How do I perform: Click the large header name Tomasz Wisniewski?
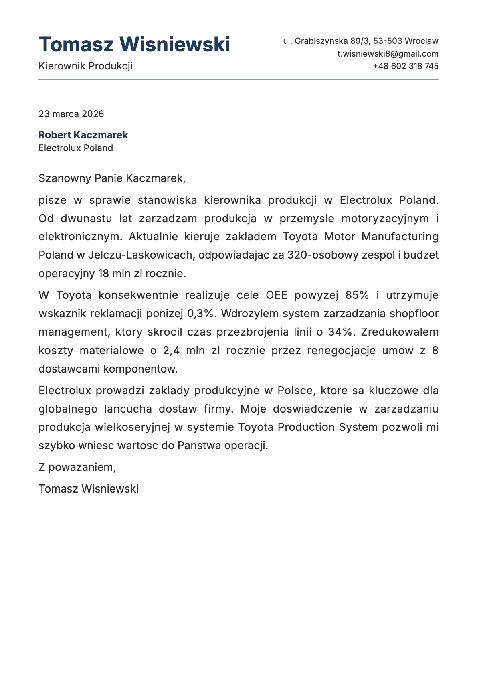point(134,44)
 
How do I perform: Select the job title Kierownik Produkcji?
point(85,66)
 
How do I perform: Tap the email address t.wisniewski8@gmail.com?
point(388,54)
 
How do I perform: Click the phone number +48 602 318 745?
point(405,66)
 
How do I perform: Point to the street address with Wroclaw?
point(360,41)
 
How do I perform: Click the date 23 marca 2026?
point(71,114)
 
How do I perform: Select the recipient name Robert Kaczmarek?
point(83,135)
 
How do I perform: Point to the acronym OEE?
point(277,295)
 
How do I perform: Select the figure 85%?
point(357,295)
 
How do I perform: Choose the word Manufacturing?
point(400,237)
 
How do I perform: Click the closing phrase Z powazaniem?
point(77,467)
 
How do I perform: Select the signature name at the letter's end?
point(89,489)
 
